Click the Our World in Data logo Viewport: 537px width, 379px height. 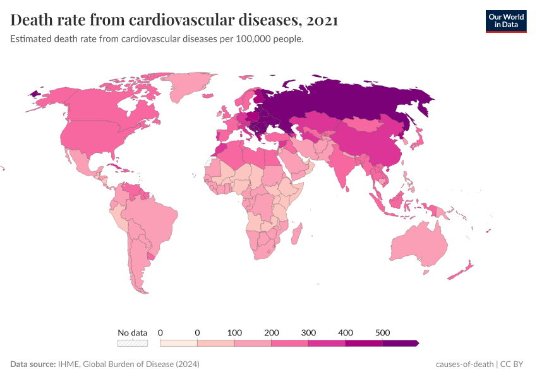(505, 20)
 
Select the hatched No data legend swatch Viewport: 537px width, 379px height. (132, 343)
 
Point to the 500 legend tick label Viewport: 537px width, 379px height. (382, 332)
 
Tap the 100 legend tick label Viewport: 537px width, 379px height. (234, 332)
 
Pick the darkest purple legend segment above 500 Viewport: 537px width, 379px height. (400, 343)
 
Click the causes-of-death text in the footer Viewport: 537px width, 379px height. (464, 364)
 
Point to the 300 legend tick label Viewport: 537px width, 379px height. (308, 332)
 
